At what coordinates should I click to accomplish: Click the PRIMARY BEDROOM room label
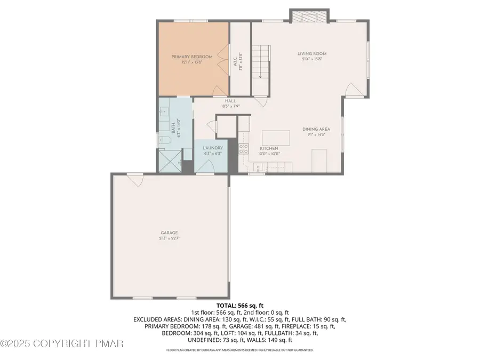point(191,57)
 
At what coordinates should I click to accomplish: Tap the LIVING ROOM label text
point(312,54)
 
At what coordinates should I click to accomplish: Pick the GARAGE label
point(170,233)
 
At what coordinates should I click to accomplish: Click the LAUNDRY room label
point(212,148)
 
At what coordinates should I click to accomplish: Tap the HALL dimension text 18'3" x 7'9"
point(230,106)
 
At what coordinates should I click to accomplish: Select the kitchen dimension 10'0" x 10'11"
point(269,154)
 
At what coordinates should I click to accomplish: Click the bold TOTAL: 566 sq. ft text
point(239,305)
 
